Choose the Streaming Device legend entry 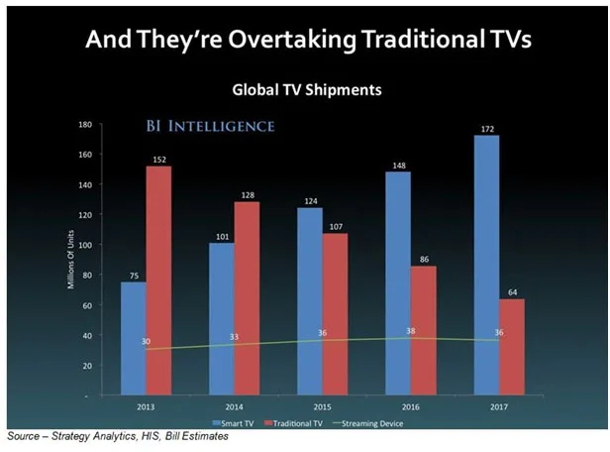(x=371, y=422)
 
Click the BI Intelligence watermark (x=209, y=127)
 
